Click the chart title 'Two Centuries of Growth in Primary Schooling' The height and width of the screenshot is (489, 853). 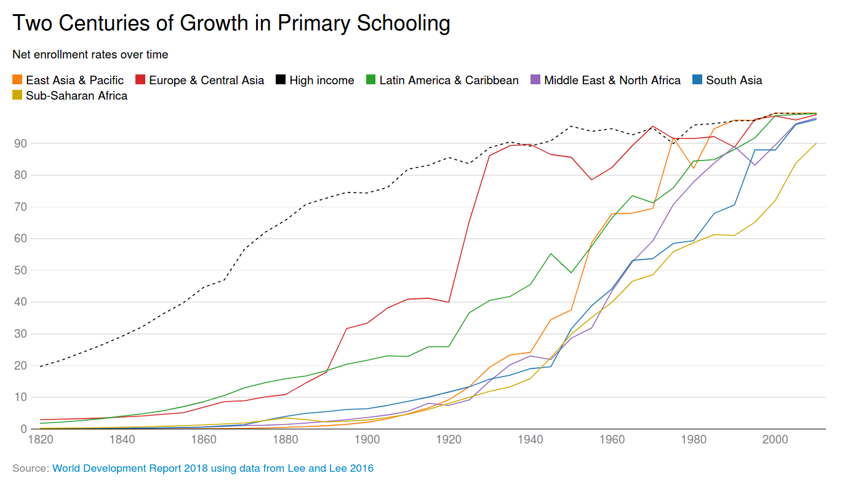click(x=231, y=23)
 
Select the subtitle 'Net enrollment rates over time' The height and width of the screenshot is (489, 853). click(x=90, y=55)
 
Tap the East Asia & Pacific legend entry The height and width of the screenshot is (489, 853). click(x=68, y=81)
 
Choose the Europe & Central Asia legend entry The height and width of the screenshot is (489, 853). click(x=199, y=81)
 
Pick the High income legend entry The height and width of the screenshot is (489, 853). click(x=315, y=81)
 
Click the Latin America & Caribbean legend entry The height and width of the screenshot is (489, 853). click(x=442, y=81)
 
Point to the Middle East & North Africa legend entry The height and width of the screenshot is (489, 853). click(x=606, y=81)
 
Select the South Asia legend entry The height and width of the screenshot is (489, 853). click(x=727, y=81)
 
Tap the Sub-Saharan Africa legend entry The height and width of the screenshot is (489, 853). click(x=70, y=95)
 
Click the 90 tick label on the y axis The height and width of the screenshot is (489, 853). click(x=20, y=143)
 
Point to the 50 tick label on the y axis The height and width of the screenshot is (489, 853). click(x=20, y=271)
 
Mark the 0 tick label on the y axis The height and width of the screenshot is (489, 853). click(x=24, y=429)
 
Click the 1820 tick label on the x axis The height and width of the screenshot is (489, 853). click(x=41, y=440)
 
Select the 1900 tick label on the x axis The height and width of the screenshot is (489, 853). click(x=367, y=440)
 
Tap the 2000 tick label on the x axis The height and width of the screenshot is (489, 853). click(x=775, y=440)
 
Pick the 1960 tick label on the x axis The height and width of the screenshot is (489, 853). click(x=612, y=440)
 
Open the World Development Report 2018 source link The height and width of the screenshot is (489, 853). click(x=213, y=469)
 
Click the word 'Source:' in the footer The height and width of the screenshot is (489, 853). click(x=31, y=469)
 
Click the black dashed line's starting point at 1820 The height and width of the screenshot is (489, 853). click(x=41, y=367)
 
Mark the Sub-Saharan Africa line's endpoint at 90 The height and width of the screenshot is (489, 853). click(x=816, y=143)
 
